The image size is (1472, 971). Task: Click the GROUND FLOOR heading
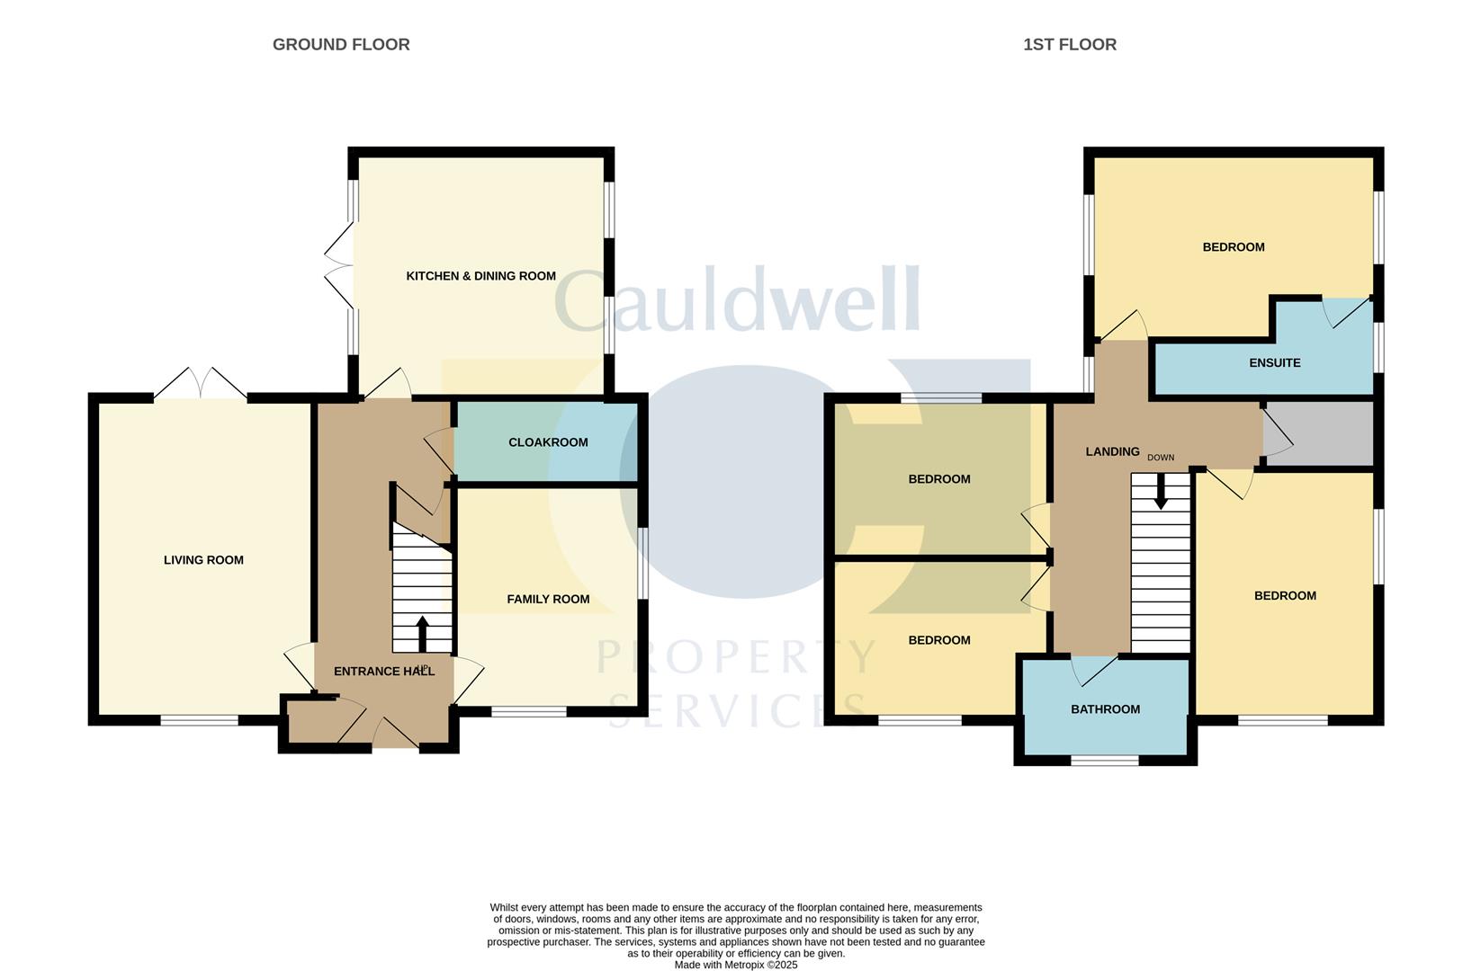[x=341, y=44]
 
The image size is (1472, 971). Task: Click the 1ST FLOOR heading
[x=1069, y=44]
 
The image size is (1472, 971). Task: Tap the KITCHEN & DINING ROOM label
[x=480, y=276]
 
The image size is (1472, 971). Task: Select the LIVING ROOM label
[x=203, y=560]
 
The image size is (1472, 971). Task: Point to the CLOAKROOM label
[x=548, y=442]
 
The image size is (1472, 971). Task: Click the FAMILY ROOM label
[x=548, y=599]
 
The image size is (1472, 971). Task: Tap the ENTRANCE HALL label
[x=383, y=672]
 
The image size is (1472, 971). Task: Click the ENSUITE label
[x=1274, y=363]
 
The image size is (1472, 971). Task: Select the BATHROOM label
[x=1105, y=709]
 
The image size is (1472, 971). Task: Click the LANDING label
[x=1112, y=451]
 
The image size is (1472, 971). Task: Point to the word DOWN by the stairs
[x=1161, y=458]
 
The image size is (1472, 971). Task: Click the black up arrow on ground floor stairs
[x=422, y=633]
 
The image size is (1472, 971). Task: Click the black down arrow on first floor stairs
[x=1161, y=492]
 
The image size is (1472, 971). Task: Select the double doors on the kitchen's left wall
[x=340, y=265]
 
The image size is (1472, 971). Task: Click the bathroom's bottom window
[x=1105, y=761]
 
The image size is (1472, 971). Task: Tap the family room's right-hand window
[x=642, y=563]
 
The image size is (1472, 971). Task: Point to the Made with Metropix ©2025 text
[x=736, y=965]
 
